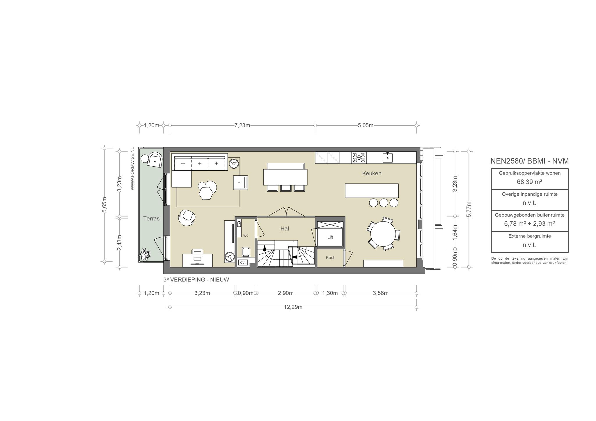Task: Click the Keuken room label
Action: (372, 173)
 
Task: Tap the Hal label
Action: (285, 229)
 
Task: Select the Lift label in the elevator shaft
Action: (330, 237)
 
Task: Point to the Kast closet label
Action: (330, 258)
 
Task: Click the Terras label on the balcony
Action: (151, 218)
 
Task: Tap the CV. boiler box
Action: (242, 263)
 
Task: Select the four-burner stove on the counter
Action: (359, 157)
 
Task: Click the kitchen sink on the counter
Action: (387, 158)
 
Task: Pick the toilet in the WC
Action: (246, 252)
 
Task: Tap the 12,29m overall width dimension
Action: (293, 307)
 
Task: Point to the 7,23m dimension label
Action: (242, 126)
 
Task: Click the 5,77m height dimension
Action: (469, 209)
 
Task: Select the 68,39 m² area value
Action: (529, 182)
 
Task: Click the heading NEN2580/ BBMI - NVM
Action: (529, 161)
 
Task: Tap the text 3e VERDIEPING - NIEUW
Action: (196, 280)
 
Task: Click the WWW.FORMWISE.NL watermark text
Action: (132, 169)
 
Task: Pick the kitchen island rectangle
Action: (372, 191)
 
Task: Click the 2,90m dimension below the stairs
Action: (285, 293)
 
